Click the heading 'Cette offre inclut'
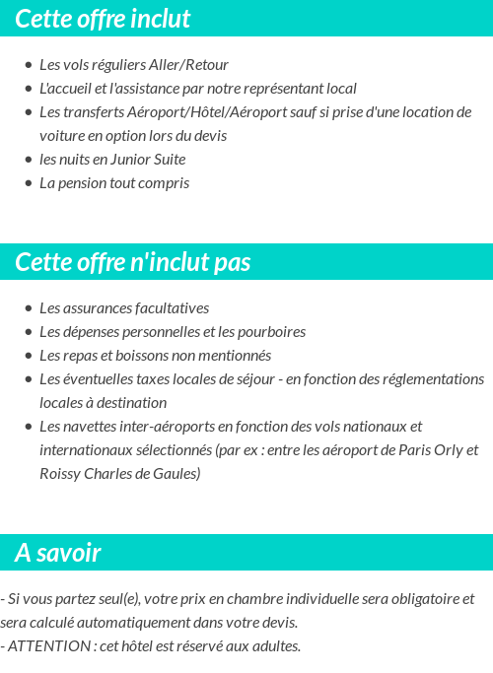pyautogui.click(x=103, y=19)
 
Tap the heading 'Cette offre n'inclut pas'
pyautogui.click(x=133, y=262)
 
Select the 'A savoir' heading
pyautogui.click(x=58, y=553)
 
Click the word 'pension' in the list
pyautogui.click(x=80, y=183)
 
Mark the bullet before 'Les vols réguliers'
pyautogui.click(x=29, y=66)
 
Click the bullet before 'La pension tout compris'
pyautogui.click(x=29, y=184)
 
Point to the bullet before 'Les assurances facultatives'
pyautogui.click(x=29, y=309)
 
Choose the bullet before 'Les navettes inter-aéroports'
pyautogui.click(x=29, y=428)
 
